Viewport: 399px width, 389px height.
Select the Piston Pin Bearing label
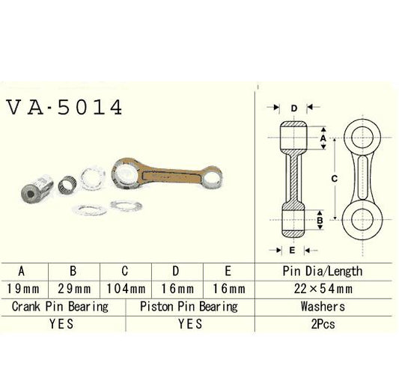pos(189,306)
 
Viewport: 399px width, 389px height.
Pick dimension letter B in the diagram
pos(320,221)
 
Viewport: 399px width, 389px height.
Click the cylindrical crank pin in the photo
pos(34,189)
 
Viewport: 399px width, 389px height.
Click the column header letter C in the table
pos(126,272)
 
